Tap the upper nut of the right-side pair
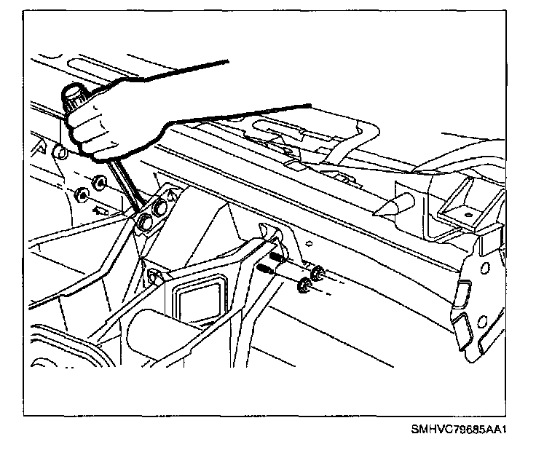pyautogui.click(x=316, y=275)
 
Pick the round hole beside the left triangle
pyautogui.click(x=60, y=154)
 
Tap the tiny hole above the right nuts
pyautogui.click(x=310, y=245)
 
